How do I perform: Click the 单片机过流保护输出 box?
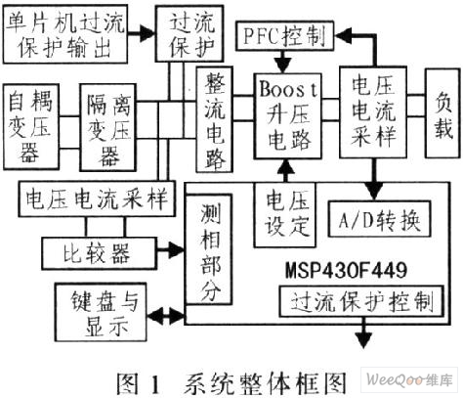[x=65, y=34]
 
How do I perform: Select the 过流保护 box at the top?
[x=189, y=33]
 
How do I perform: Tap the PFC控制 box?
[x=285, y=35]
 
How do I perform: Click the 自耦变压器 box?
[x=31, y=127]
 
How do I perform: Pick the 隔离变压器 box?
[x=107, y=127]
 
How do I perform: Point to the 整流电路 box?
[x=214, y=119]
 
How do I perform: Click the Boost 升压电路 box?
[x=288, y=115]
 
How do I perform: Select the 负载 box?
[x=443, y=113]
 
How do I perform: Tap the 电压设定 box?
[x=285, y=214]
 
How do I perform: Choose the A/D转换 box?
[x=379, y=219]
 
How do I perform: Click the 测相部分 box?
[x=209, y=249]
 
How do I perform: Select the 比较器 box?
[x=100, y=253]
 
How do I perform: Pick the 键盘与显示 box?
[x=101, y=312]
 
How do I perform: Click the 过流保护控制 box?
[x=361, y=301]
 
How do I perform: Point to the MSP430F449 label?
[x=346, y=270]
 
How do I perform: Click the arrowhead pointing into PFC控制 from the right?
[x=343, y=35]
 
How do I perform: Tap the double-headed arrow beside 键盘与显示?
[x=166, y=316]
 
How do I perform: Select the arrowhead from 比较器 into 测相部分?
[x=176, y=250]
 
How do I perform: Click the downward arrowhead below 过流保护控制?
[x=363, y=340]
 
